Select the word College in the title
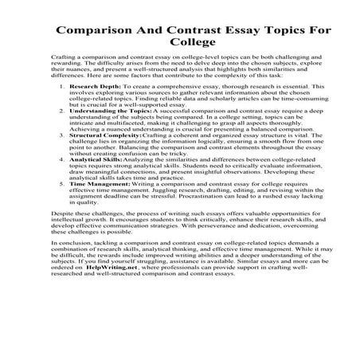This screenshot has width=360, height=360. click(x=180, y=49)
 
